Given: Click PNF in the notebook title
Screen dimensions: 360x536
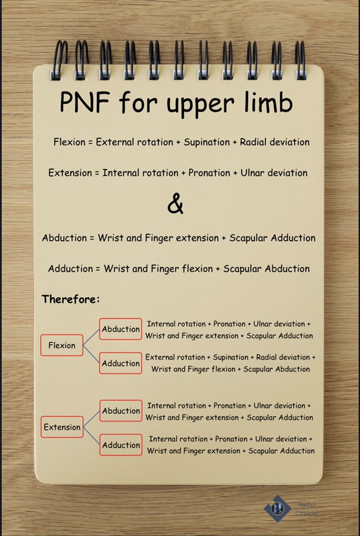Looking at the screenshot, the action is (85, 103).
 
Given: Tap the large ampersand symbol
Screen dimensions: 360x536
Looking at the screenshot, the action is (175, 204).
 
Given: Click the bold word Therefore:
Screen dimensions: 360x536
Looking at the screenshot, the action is (71, 300).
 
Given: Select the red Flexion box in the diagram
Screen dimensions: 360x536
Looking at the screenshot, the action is (62, 345).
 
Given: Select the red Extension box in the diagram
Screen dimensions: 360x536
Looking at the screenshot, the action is (62, 427).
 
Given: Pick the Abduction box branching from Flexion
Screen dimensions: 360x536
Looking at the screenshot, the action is (121, 329).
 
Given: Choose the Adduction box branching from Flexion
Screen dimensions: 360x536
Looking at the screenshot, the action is (121, 363).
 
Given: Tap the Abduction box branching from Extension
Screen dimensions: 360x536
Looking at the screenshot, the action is (121, 411).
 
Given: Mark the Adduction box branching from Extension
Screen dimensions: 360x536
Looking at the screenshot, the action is (121, 445).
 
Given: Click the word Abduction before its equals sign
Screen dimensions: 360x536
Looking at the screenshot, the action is (64, 238).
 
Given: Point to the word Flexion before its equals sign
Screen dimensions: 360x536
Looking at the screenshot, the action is (71, 142).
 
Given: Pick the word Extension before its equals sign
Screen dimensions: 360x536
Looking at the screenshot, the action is (70, 173).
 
